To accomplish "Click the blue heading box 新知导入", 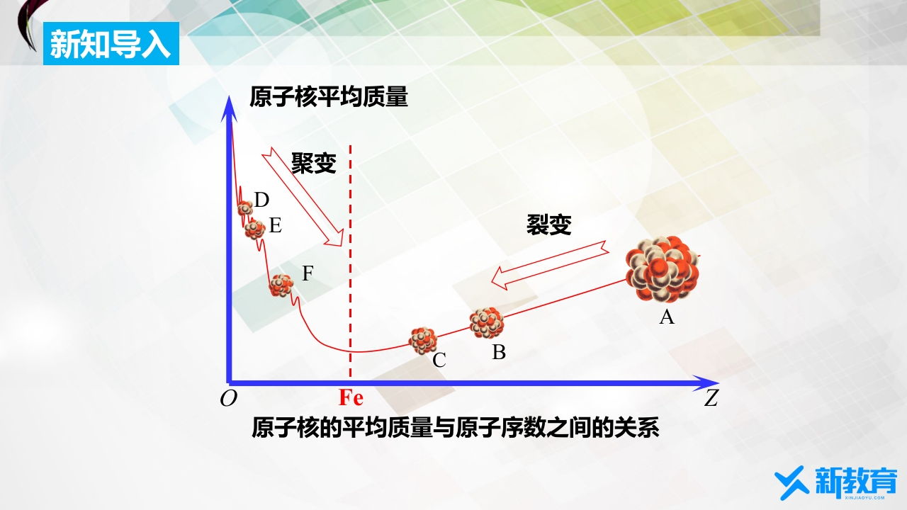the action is tap(111, 43).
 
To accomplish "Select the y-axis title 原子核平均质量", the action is tap(328, 97).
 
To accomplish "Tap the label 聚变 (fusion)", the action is tap(314, 163).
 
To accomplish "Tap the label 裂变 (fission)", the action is tap(548, 225).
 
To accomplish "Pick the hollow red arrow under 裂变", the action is tap(550, 265).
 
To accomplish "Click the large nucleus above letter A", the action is tap(663, 270).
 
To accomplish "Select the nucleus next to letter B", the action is tap(487, 322).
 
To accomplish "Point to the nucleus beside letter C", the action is tap(423, 341).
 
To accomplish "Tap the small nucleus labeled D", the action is tap(245, 208).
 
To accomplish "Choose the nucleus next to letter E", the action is tap(254, 229).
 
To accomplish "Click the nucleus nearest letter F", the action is tap(281, 285).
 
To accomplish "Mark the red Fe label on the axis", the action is tap(351, 397).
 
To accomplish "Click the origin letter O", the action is tap(228, 399).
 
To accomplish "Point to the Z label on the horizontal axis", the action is tap(711, 398).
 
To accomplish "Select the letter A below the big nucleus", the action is tap(667, 317).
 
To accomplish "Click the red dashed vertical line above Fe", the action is tap(350, 261).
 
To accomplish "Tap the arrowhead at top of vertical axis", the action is tap(229, 108).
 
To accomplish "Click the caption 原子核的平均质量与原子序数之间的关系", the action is tap(455, 427).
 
